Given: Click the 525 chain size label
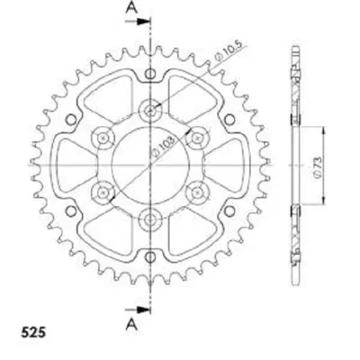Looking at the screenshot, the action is [x=33, y=332].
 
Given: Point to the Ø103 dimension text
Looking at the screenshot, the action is [x=163, y=147].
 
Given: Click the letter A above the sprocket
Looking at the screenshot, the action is [x=131, y=8].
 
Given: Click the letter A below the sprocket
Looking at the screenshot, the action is [x=131, y=324].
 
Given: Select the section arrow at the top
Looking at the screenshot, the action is [x=138, y=22].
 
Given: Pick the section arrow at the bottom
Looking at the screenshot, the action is [x=138, y=310].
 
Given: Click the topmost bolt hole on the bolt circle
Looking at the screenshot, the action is [x=150, y=111].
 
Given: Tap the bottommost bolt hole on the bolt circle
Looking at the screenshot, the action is [x=150, y=220].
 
